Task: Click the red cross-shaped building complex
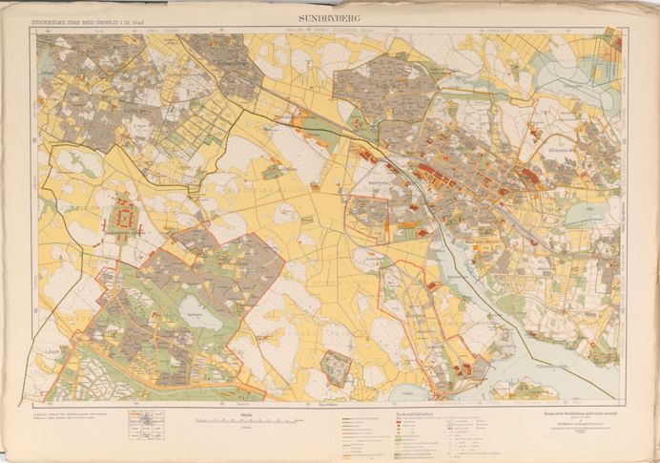124,221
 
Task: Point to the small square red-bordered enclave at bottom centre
335,368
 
